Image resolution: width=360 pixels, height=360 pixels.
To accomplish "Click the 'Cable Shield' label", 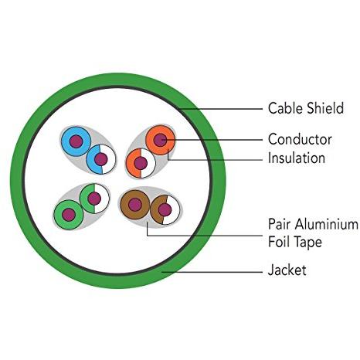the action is (306, 108).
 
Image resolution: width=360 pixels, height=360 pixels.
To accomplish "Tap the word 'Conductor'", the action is (300, 139).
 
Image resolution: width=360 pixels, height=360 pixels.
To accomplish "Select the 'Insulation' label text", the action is (297, 158).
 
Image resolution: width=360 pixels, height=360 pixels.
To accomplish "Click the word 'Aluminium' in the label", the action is (326, 224).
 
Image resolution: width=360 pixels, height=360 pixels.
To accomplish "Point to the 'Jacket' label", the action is (287, 270).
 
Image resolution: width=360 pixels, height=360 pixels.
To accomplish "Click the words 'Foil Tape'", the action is (295, 242).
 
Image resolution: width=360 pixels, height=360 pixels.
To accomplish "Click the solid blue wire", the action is (76, 141).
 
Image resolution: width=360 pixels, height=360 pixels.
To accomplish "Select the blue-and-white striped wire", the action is (101, 159).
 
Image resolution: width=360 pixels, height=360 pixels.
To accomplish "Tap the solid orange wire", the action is (161, 140).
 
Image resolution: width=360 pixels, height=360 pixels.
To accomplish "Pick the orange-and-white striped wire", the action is (141, 163).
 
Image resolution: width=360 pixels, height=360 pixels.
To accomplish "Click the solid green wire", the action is (69, 215).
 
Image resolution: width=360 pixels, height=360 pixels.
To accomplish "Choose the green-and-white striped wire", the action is (94, 199).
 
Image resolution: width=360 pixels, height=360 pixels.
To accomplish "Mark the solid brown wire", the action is (135, 205).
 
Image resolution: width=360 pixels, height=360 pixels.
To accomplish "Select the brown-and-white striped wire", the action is (165, 209).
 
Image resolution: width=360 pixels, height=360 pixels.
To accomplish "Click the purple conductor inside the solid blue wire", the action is (76, 141).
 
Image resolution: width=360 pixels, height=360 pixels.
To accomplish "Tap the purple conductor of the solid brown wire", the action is (135, 205).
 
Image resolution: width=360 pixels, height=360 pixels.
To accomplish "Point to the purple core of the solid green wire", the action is (69, 215).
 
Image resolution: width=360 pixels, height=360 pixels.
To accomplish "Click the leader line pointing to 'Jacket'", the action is (212, 272).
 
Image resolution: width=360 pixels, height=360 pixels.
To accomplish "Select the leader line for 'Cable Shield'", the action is (221, 109).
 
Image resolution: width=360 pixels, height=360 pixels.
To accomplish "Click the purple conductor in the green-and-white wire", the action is (94, 199).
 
